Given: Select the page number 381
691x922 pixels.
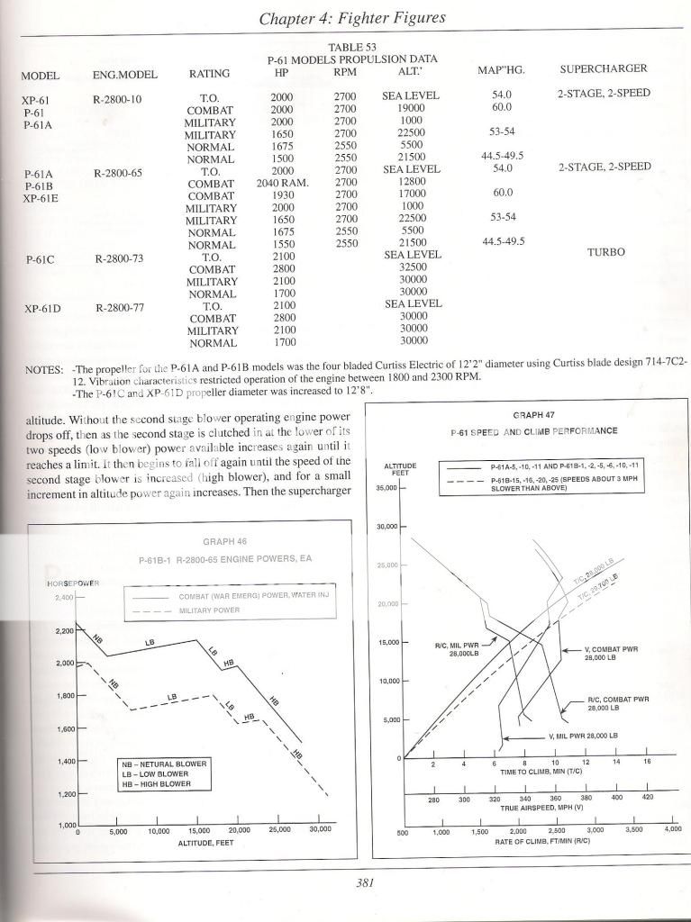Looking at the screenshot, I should coord(364,882).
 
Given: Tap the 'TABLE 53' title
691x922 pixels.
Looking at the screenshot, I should coord(358,46).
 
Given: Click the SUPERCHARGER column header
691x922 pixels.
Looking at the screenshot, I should coord(604,68).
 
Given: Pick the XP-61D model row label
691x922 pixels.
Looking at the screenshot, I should coord(45,308).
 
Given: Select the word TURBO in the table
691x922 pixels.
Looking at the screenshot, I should coord(605,253).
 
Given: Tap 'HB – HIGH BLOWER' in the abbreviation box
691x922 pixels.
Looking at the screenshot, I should coord(162,783).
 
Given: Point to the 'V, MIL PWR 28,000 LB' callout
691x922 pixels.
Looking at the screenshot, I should coord(583,736).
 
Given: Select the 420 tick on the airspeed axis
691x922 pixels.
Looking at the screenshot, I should coord(648,799).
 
